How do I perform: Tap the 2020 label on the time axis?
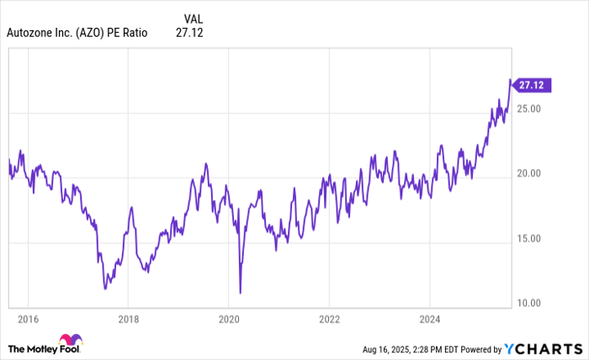(229, 319)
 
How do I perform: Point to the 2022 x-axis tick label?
(329, 319)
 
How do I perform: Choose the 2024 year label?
(429, 319)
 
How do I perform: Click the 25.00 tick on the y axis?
(528, 109)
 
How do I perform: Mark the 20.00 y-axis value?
(528, 174)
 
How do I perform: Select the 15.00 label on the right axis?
(528, 239)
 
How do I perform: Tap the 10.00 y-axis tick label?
(528, 303)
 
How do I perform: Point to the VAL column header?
(192, 18)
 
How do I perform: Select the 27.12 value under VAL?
(189, 33)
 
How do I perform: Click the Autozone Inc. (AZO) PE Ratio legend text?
(77, 33)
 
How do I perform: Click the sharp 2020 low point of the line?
(241, 293)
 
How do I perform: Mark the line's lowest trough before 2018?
(105, 289)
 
